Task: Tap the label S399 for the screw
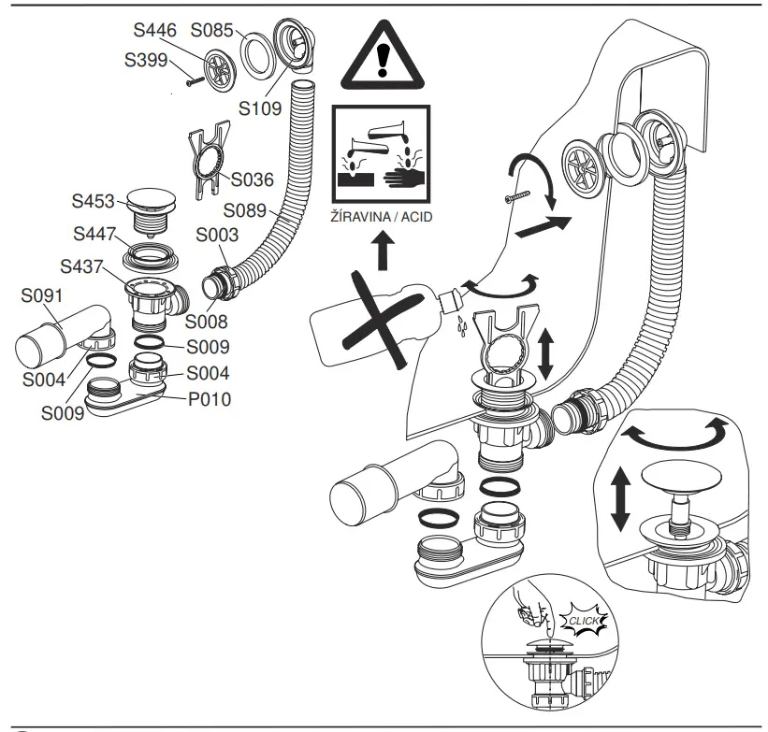[146, 60]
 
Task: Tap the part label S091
[42, 297]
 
